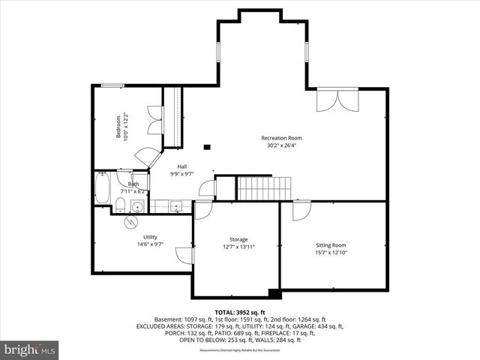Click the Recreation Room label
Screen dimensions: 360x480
281,138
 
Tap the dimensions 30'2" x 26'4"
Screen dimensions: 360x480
281,145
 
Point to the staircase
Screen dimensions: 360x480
263,188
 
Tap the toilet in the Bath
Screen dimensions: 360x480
120,205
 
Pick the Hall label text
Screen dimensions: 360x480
182,166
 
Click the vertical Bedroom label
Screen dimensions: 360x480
118,127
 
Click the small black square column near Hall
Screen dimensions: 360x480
208,147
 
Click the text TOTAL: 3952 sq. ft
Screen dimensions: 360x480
239,312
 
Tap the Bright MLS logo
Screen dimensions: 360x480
30,349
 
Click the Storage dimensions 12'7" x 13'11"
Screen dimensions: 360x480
238,247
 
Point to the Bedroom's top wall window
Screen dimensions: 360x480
113,85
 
